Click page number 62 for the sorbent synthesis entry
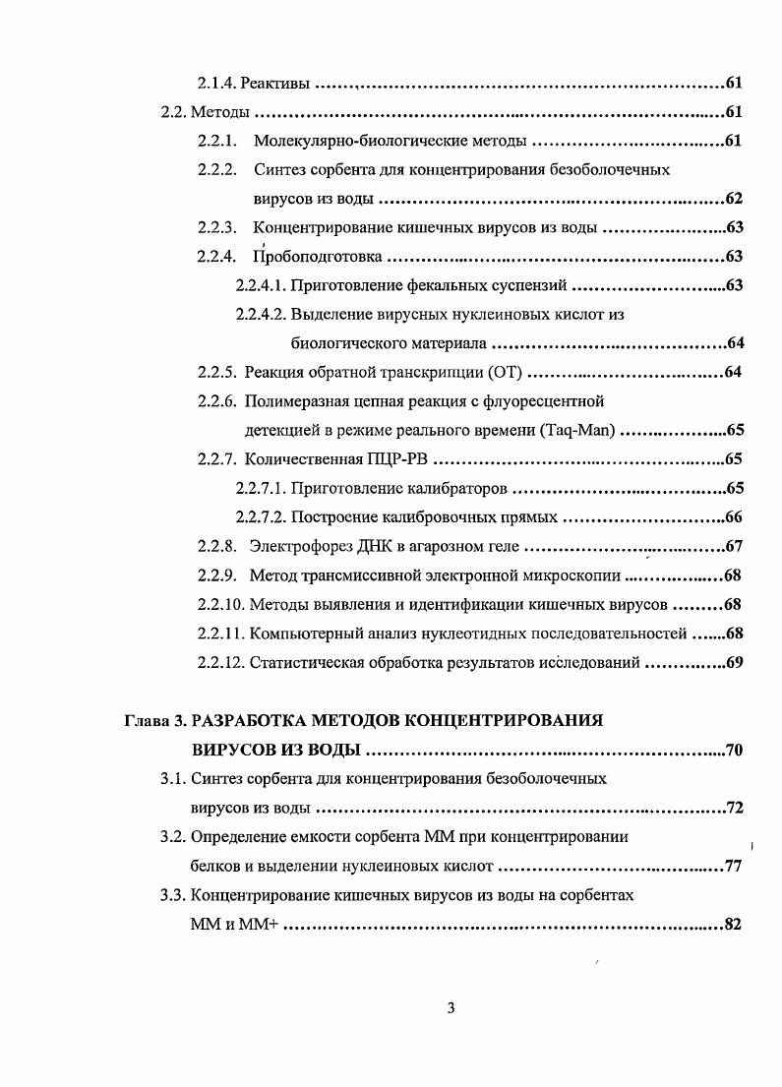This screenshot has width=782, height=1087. pyautogui.click(x=733, y=199)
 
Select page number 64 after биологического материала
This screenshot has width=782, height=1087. pyautogui.click(x=733, y=343)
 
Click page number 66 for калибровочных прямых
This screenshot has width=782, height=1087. pyautogui.click(x=733, y=517)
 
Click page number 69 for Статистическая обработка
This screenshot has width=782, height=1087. pyautogui.click(x=733, y=662)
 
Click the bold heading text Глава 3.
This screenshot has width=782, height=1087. pyautogui.click(x=154, y=721)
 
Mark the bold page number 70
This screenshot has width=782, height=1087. pyautogui.click(x=733, y=751)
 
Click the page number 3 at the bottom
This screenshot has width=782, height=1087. pyautogui.click(x=450, y=1008)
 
